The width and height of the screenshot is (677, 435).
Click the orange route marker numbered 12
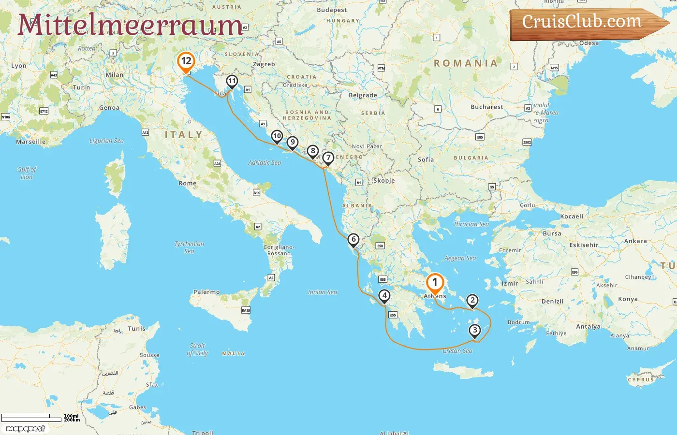[x=186, y=61]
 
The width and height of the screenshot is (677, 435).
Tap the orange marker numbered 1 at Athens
[x=434, y=283]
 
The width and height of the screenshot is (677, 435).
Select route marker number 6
[x=353, y=239]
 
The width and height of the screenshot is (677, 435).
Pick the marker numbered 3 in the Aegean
[x=475, y=330]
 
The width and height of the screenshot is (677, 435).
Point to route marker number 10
[x=277, y=136]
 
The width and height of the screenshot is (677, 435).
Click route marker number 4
[x=384, y=295]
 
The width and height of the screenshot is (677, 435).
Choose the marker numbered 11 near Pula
[x=232, y=81]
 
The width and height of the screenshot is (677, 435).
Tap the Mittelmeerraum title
[x=130, y=25]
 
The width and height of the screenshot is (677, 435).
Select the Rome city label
[x=188, y=184]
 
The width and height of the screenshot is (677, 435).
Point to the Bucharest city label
[x=487, y=107]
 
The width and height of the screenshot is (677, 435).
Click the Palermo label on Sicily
[x=206, y=292]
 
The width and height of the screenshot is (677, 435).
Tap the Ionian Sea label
[x=323, y=292]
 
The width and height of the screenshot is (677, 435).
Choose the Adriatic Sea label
[x=265, y=163]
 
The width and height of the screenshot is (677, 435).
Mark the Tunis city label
[x=136, y=329]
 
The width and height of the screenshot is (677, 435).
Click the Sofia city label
[x=426, y=159]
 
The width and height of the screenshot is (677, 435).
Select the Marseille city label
[x=31, y=142]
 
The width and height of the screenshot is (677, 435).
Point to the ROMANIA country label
[x=465, y=63]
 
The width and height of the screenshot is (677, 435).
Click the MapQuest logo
[x=26, y=429]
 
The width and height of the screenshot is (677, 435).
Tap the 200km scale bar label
[x=72, y=420]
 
